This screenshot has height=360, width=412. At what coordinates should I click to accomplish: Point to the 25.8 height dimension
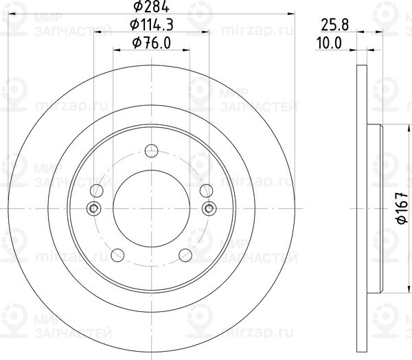332,25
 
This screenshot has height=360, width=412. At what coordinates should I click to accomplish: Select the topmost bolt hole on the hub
152,150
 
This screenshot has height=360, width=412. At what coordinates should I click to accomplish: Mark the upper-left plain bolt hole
98,190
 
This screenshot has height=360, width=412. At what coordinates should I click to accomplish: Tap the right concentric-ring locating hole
209,208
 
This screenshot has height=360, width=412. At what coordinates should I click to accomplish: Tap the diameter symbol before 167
401,220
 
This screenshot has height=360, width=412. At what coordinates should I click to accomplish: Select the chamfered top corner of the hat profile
380,126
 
